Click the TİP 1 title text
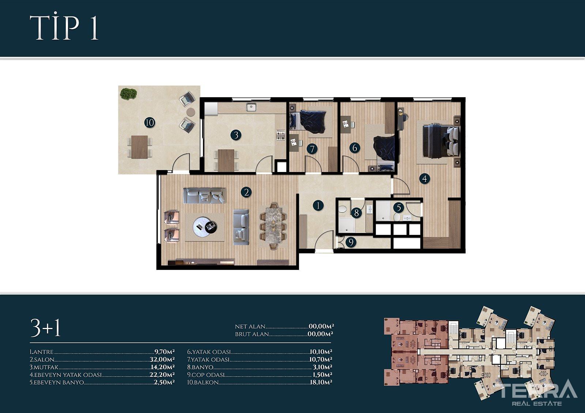(64, 27)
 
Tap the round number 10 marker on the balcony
(150, 123)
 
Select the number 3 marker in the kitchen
(236, 135)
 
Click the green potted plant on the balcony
(128, 93)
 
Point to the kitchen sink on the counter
(251, 107)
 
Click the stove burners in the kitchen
(280, 135)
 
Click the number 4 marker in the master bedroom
(424, 179)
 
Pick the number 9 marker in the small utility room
(351, 242)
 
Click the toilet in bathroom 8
(342, 209)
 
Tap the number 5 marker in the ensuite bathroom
(399, 208)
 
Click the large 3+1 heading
(46, 328)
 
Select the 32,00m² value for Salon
(162, 360)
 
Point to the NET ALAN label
(250, 326)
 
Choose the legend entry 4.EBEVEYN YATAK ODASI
(65, 375)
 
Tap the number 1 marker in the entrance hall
(318, 206)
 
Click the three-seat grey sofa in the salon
(204, 195)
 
